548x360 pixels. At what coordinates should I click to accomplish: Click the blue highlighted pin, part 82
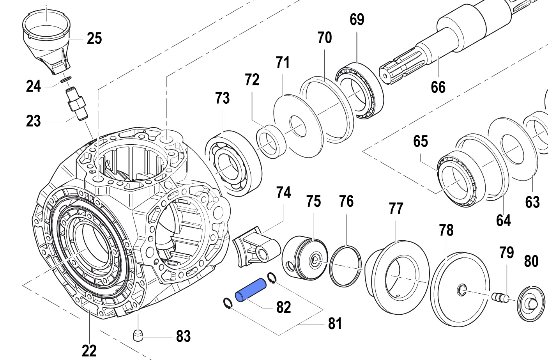(249, 290)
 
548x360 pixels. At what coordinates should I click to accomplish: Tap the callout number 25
(94, 39)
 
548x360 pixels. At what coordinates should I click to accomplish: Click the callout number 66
(438, 87)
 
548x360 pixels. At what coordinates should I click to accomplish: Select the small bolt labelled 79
(500, 297)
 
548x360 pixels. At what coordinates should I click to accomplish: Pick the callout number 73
(223, 98)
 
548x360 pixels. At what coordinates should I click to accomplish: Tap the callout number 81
(335, 323)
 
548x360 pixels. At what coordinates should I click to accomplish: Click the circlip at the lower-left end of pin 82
(228, 303)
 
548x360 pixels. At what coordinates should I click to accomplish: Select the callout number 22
(89, 351)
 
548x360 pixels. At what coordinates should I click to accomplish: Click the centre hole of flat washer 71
(298, 126)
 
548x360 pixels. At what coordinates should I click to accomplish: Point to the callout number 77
(396, 209)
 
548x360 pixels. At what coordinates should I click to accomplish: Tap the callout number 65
(421, 141)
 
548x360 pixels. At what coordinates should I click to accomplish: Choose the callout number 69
(357, 20)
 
